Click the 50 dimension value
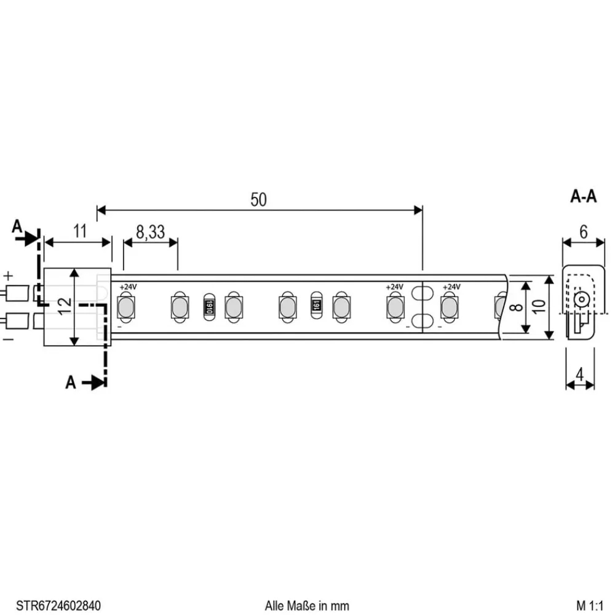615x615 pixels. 259,200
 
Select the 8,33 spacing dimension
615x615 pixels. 150,232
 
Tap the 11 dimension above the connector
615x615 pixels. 80,232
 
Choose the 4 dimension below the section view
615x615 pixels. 580,373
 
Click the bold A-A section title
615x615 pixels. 583,197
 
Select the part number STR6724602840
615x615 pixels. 58,605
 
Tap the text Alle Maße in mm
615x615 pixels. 307,605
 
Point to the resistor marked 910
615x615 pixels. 209,306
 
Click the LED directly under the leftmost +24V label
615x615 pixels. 125,306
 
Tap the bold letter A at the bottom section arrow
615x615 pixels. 71,383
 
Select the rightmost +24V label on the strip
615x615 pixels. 451,287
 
